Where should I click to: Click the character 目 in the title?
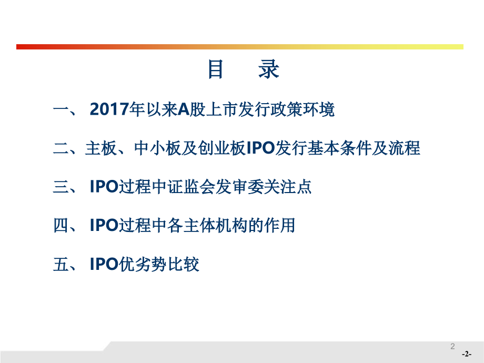[x=216, y=69]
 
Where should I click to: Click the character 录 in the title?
[x=269, y=69]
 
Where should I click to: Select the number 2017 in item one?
[x=109, y=109]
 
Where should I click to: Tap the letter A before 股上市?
[x=184, y=109]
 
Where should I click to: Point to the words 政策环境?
[x=302, y=109]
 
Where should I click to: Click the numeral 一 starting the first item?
[x=62, y=109]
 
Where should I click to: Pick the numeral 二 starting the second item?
[x=62, y=148]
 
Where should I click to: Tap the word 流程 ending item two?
[x=404, y=148]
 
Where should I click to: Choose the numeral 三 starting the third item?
[x=62, y=187]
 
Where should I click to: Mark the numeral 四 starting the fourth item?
[x=62, y=225]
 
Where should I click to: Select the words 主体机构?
[x=215, y=225]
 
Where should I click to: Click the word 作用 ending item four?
[x=279, y=225]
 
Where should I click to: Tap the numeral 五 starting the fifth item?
[x=62, y=264]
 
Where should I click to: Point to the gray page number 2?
[x=452, y=346]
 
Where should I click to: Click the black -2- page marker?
[x=467, y=354]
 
